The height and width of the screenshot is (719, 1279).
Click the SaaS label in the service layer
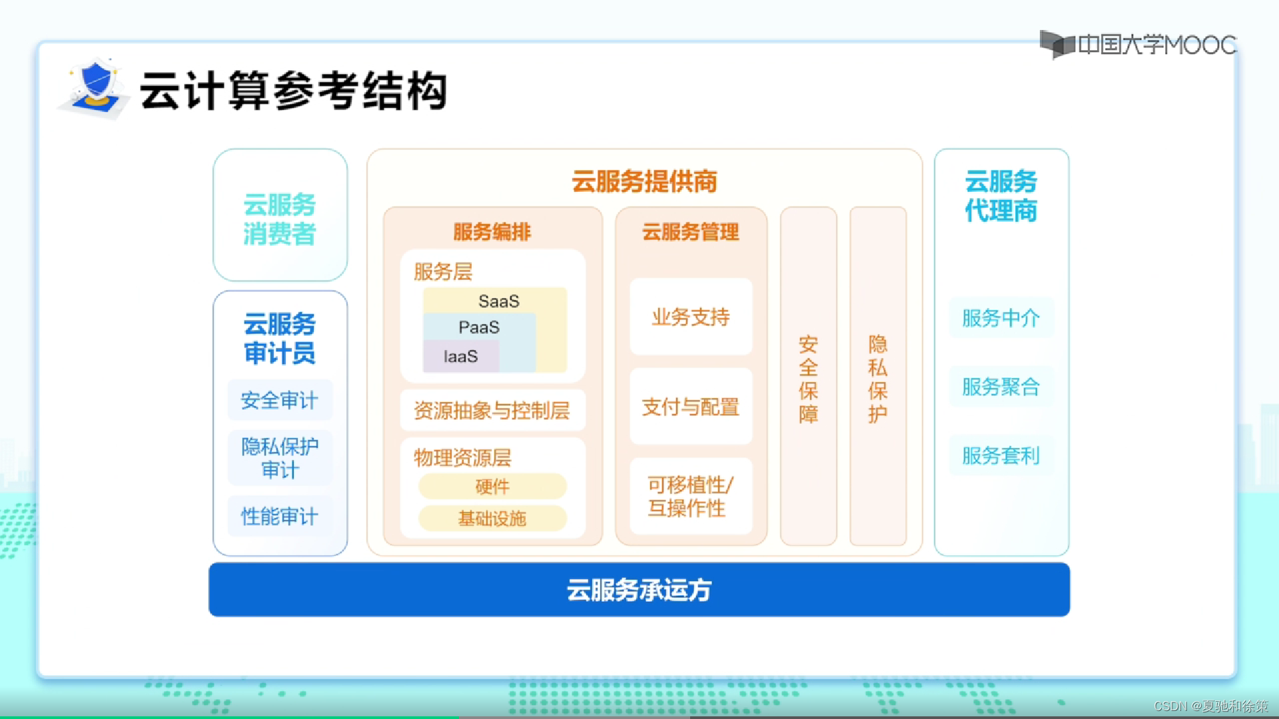pos(498,301)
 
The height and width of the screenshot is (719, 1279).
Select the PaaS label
pos(479,328)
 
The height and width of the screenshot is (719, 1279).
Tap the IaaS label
pos(460,357)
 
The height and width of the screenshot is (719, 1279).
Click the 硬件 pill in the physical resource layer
pos(492,487)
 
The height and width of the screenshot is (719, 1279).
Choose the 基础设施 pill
pos(492,519)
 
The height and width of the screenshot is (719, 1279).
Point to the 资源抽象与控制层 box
pos(492,411)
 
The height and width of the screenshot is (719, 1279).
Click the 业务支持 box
pos(691,317)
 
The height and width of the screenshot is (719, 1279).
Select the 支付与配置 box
pos(691,407)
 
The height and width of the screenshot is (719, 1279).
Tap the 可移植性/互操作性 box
pos(691,497)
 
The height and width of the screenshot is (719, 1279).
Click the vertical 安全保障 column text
pos(808,379)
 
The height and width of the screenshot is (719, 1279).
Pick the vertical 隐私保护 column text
pos(877,379)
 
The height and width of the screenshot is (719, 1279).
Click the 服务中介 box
pos(1001,318)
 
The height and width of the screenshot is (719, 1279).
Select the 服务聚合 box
pos(1001,387)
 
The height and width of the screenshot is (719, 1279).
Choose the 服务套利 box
pos(1001,456)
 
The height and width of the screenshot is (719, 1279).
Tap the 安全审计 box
pos(280,400)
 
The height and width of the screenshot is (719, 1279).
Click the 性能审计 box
pos(280,517)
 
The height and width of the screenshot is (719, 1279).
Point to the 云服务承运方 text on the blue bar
pos(639,591)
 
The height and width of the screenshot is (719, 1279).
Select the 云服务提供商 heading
pos(644,182)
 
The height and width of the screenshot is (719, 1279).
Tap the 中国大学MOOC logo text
pos(1156,45)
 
